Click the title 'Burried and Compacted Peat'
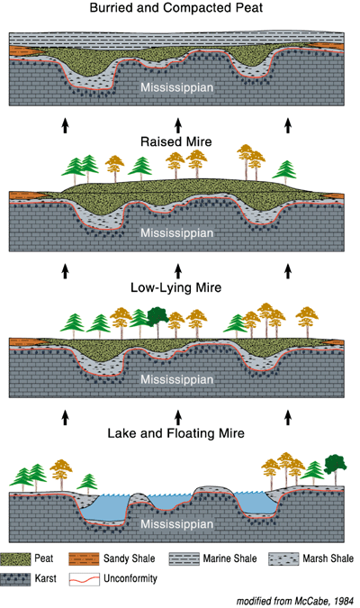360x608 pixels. point(175,7)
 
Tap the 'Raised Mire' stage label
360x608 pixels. point(175,141)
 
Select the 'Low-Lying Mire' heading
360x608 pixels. point(175,287)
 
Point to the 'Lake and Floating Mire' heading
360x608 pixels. point(175,433)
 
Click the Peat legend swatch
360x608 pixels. point(15,558)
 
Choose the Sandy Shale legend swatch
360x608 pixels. point(84,558)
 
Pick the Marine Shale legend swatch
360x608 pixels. point(184,558)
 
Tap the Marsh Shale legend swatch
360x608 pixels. point(283,558)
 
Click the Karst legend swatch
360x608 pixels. point(15,579)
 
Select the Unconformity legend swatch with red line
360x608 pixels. point(84,579)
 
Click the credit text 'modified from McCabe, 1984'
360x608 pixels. point(295,601)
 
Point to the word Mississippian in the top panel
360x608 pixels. point(176,87)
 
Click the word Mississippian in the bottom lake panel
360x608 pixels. point(176,524)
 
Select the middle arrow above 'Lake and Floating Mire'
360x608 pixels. point(178,417)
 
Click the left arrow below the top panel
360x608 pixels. point(65,125)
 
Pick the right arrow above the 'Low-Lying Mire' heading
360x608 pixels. point(288,271)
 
